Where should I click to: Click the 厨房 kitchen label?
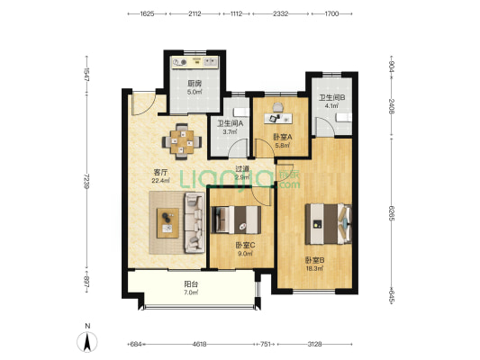click(195, 83)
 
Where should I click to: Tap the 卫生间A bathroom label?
click(230, 123)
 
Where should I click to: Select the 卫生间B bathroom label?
click(332, 97)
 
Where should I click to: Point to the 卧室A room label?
click(283, 137)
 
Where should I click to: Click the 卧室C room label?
click(245, 245)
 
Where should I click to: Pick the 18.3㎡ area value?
click(314, 268)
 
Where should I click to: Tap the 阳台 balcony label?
click(191, 284)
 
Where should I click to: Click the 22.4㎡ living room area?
click(160, 181)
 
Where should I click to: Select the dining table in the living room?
click(182, 141)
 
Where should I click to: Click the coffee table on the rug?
click(168, 223)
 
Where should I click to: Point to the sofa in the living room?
click(195, 222)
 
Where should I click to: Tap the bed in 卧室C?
click(236, 220)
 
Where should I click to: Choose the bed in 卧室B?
click(328, 224)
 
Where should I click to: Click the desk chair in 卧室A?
click(278, 107)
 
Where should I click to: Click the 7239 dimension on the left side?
click(87, 181)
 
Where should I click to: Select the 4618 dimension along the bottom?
click(199, 344)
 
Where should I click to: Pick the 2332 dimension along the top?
click(281, 13)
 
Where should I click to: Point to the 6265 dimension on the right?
click(391, 213)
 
